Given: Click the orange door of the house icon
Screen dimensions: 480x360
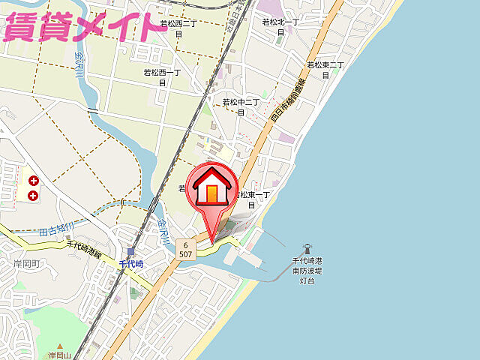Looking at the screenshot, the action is click(x=212, y=194).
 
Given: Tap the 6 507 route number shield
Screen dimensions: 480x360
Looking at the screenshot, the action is click(x=185, y=249).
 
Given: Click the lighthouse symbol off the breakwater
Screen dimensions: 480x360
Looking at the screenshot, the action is click(x=306, y=248).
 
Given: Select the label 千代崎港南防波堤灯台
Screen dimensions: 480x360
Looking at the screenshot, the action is click(x=307, y=270).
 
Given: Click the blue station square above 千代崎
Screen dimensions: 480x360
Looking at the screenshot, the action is click(x=130, y=251).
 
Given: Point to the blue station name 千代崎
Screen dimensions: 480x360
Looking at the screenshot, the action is click(x=131, y=264).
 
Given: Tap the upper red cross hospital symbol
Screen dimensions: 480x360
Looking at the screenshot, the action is click(x=33, y=181).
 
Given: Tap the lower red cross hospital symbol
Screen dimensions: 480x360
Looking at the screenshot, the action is click(x=33, y=196).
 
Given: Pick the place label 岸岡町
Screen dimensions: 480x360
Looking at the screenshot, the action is click(x=25, y=265).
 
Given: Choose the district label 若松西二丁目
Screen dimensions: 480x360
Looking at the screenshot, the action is click(x=178, y=28).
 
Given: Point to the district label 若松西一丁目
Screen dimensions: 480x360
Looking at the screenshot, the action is click(x=162, y=77).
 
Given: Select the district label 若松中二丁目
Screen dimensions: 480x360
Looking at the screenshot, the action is click(x=241, y=106).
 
